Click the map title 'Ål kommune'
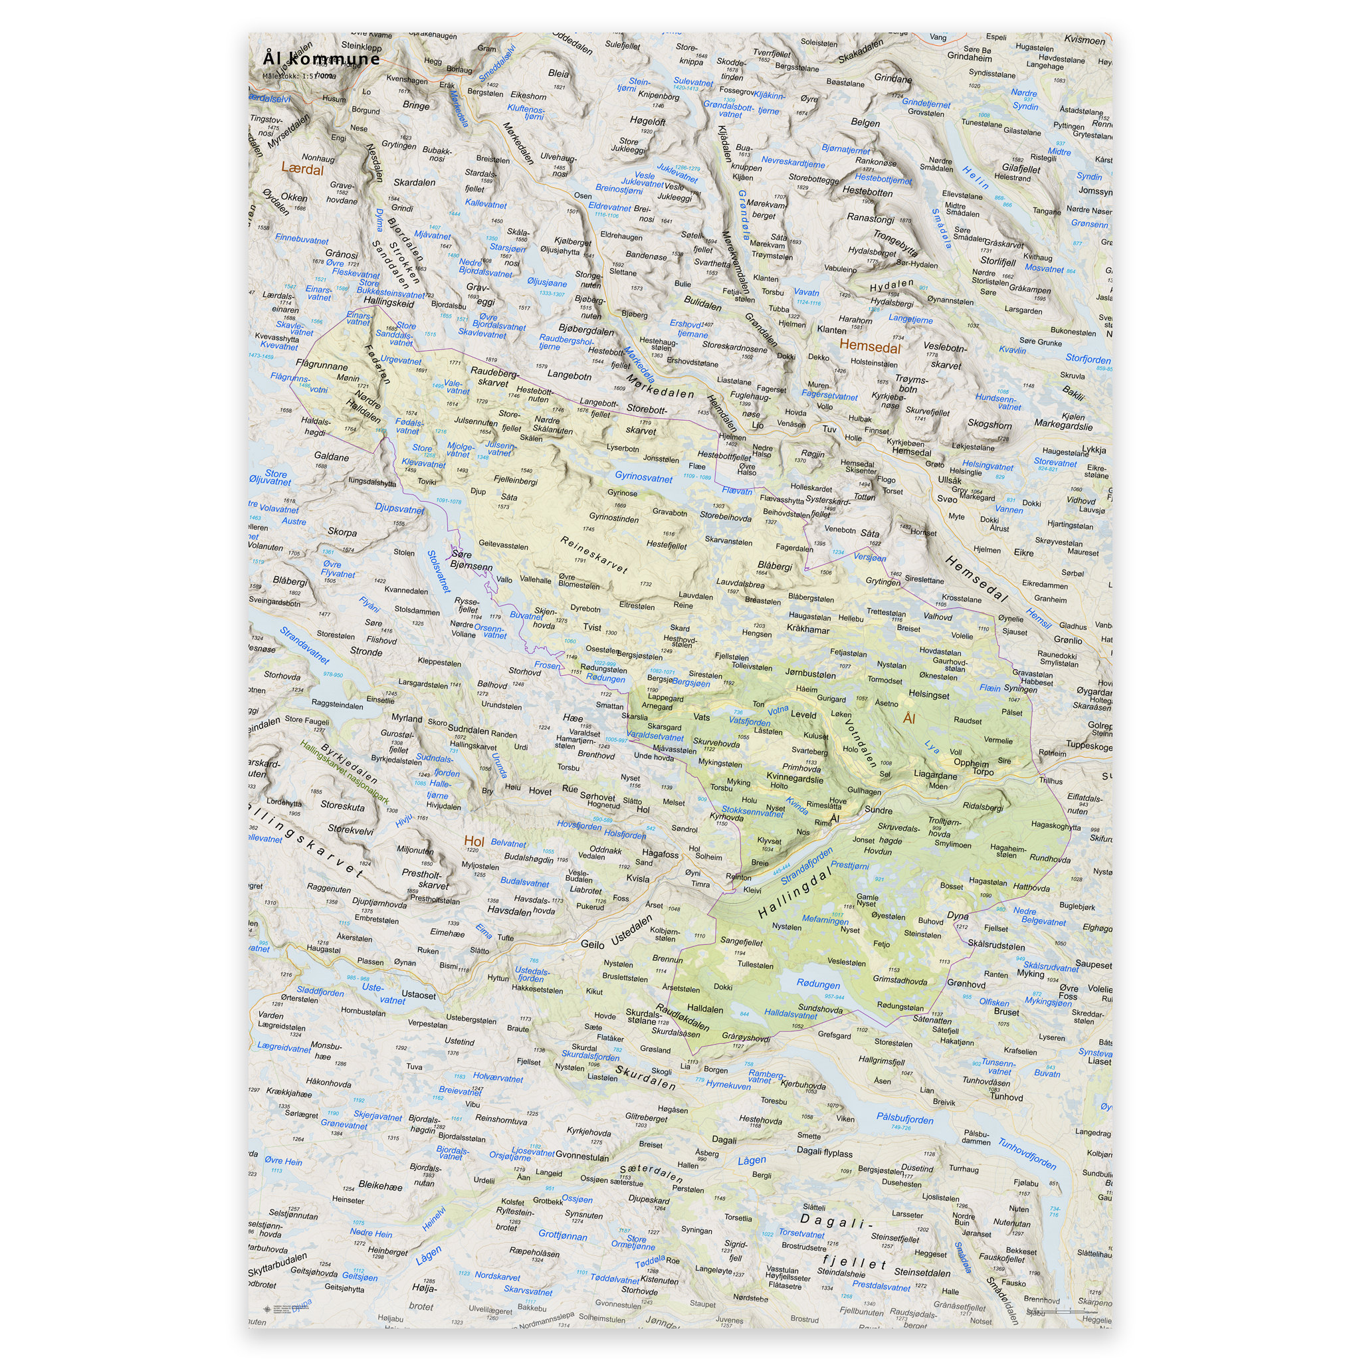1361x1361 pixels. (x=320, y=58)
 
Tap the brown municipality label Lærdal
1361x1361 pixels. (x=302, y=169)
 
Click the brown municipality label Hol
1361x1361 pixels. (x=473, y=841)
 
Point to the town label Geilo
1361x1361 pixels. (x=592, y=944)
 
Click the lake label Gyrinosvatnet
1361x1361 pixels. (x=643, y=477)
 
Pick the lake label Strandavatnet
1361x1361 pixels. (x=304, y=645)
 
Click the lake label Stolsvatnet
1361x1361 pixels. (x=438, y=572)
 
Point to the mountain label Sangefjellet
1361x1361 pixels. (x=741, y=941)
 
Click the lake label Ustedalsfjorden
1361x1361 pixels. (x=532, y=974)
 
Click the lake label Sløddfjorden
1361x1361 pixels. (x=320, y=992)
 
